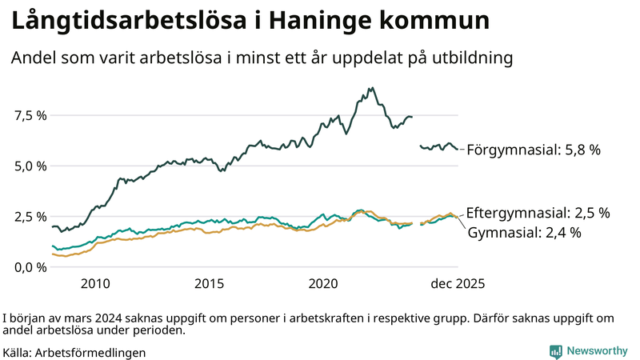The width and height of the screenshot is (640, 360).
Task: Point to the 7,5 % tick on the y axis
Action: [x=30, y=115]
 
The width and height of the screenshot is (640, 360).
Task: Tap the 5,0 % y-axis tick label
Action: [x=30, y=166]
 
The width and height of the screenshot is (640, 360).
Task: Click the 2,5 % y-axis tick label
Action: [x=30, y=216]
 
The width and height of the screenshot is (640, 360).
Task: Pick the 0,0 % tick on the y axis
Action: [x=30, y=266]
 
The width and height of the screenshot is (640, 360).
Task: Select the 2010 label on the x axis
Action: [x=94, y=283]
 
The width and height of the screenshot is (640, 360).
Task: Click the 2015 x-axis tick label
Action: [x=209, y=283]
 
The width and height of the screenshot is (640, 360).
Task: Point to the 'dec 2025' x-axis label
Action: [x=458, y=283]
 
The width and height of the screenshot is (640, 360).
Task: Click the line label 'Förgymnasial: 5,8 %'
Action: [x=533, y=150]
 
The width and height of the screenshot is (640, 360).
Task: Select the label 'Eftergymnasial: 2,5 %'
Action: [x=538, y=213]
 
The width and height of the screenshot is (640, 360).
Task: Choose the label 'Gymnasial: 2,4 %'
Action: [x=523, y=233]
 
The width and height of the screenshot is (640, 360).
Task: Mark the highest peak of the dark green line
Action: [x=372, y=88]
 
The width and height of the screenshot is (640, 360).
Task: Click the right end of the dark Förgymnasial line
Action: [x=458, y=149]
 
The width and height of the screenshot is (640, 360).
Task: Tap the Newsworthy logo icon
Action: [x=555, y=351]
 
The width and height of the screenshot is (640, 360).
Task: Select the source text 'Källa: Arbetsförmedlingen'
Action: [x=74, y=352]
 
